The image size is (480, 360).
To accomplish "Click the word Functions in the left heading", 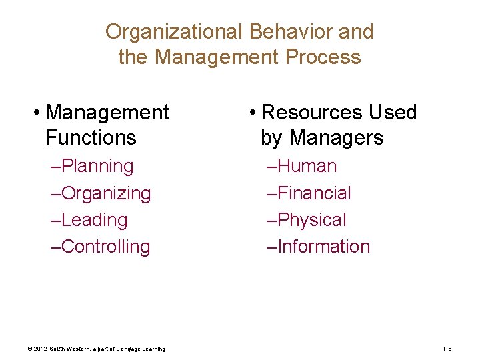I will pyautogui.click(x=91, y=138).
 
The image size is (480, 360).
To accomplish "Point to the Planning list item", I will pyautogui.click(x=97, y=166).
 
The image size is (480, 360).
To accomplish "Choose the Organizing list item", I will pyautogui.click(x=105, y=193).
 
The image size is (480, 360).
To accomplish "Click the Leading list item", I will pyautogui.click(x=93, y=220).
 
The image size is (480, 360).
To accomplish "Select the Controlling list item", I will pyautogui.click(x=105, y=247).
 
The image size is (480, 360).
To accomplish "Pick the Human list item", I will pyautogui.click(x=306, y=166).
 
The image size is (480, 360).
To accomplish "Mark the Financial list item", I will pyautogui.click(x=313, y=193).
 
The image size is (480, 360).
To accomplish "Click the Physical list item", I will pyautogui.click(x=311, y=220).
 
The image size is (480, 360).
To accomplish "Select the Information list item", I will pyautogui.click(x=323, y=247).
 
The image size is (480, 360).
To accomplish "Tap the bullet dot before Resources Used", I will pyautogui.click(x=251, y=112).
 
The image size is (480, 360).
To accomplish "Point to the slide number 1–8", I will pyautogui.click(x=447, y=349).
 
